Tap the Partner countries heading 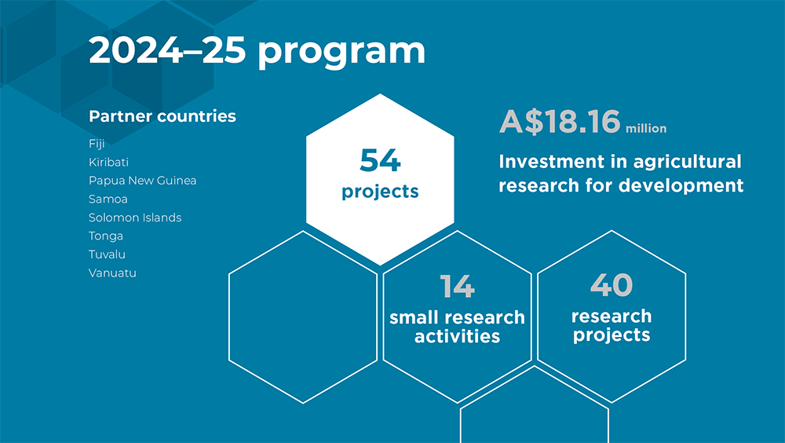pyautogui.click(x=162, y=116)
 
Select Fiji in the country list pyautogui.click(x=97, y=144)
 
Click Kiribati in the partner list pyautogui.click(x=108, y=162)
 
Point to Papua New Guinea pyautogui.click(x=142, y=181)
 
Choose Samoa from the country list pyautogui.click(x=108, y=199)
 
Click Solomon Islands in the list pyautogui.click(x=135, y=218)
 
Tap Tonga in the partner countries pyautogui.click(x=106, y=236)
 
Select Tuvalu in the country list pyautogui.click(x=107, y=254)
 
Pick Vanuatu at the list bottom pyautogui.click(x=112, y=273)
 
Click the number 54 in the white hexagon pyautogui.click(x=380, y=160)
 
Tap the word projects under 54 pyautogui.click(x=380, y=192)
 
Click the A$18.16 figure pyautogui.click(x=560, y=121)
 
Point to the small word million pyautogui.click(x=646, y=129)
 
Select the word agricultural pyautogui.click(x=688, y=162)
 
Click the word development pyautogui.click(x=681, y=185)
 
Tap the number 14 pyautogui.click(x=457, y=287)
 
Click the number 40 pyautogui.click(x=612, y=285)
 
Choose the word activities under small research pyautogui.click(x=457, y=336)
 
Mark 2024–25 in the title pyautogui.click(x=167, y=50)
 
